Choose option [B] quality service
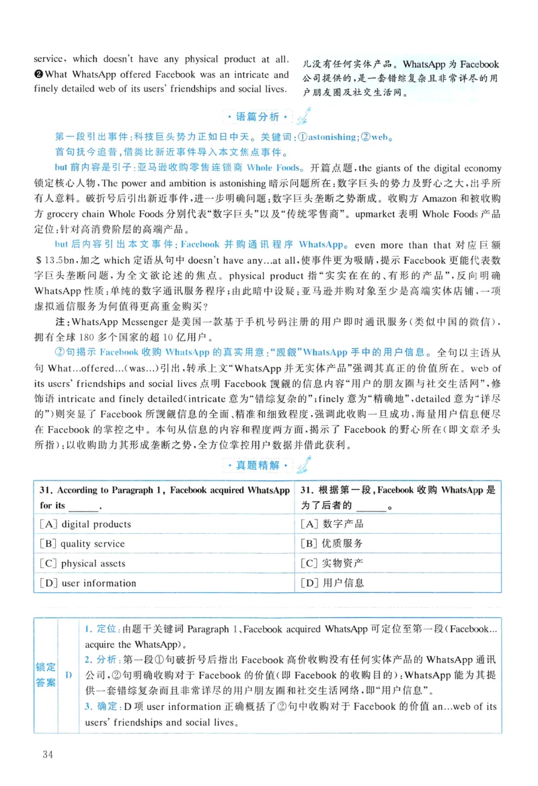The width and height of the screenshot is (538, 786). [82, 543]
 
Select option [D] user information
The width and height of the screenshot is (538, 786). [87, 583]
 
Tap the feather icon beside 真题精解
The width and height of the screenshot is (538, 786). [306, 464]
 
